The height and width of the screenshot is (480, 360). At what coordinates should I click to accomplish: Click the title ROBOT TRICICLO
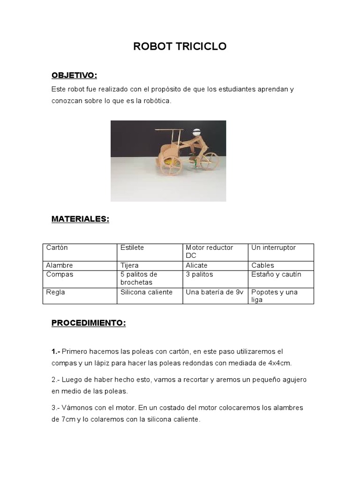tap(180, 46)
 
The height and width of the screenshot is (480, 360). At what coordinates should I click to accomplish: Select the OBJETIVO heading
tap(74, 75)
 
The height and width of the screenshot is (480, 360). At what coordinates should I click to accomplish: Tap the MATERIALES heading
tap(80, 219)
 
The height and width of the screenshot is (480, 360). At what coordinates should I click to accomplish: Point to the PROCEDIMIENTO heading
tap(89, 323)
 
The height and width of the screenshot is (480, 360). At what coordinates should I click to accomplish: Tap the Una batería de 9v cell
tap(215, 292)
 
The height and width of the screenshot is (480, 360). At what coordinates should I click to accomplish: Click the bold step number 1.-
tap(56, 351)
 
